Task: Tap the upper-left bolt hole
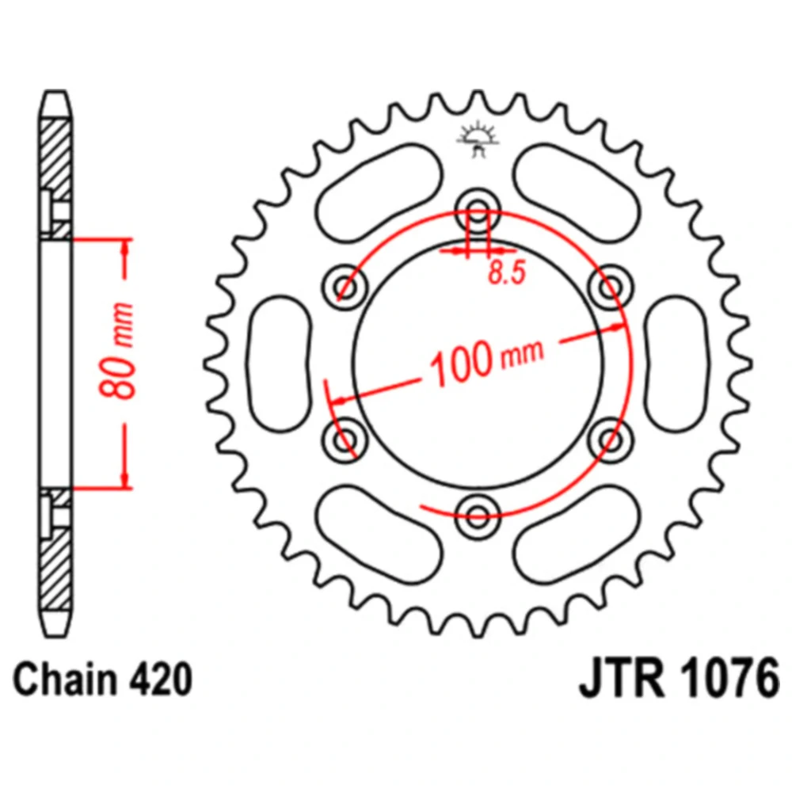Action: (x=345, y=286)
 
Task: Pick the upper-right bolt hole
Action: (x=611, y=286)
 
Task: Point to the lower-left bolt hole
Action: (x=345, y=438)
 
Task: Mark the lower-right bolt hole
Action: (x=611, y=438)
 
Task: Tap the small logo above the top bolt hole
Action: (x=478, y=139)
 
